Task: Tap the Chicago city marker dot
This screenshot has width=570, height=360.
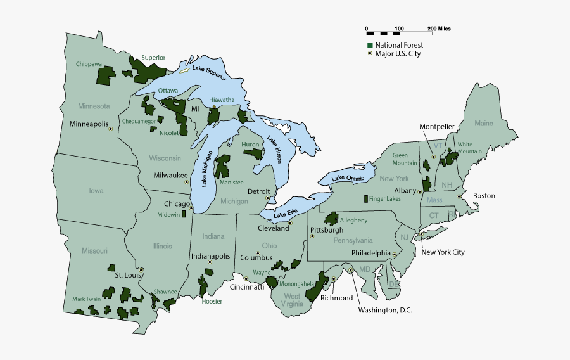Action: tap(190, 204)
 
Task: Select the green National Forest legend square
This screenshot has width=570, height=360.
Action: tap(370, 46)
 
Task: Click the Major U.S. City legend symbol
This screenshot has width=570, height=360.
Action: tap(370, 54)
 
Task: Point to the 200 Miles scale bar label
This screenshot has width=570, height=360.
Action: tap(439, 29)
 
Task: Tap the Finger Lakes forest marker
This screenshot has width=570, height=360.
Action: tap(365, 199)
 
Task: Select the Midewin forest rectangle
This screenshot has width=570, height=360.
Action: tap(184, 214)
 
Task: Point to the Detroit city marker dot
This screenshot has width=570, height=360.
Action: tap(268, 198)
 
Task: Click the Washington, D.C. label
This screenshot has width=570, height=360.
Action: tap(385, 310)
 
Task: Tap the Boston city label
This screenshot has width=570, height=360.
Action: tap(484, 196)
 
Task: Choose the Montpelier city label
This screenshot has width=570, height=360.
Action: tap(437, 127)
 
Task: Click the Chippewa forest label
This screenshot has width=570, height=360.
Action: tap(89, 64)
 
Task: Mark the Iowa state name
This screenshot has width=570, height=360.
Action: tap(96, 190)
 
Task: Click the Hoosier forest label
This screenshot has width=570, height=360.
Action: tap(212, 302)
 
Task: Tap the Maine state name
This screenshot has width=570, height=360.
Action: tap(483, 123)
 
